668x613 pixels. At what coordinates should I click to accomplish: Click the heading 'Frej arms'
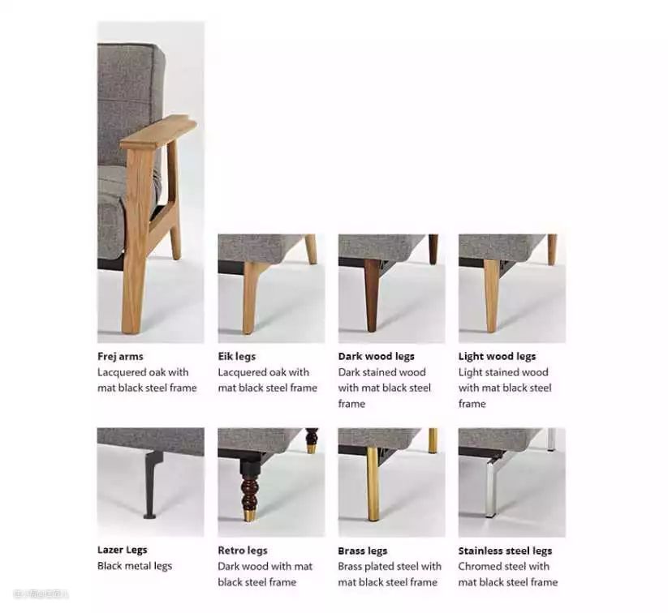(x=120, y=356)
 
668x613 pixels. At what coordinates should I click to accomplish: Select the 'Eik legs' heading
(x=237, y=356)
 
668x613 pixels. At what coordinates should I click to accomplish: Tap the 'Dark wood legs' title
(x=376, y=356)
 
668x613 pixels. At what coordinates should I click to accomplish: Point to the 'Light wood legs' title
(x=498, y=356)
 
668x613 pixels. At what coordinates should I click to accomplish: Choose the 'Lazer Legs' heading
(x=123, y=550)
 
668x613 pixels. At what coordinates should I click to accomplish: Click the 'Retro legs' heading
(x=243, y=551)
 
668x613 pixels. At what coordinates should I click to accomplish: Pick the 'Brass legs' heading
(x=363, y=551)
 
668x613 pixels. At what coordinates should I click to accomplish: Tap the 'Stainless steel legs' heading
(x=505, y=551)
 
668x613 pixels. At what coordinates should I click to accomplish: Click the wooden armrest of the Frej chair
(x=158, y=133)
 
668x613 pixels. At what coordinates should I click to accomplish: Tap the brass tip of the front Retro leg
(x=250, y=515)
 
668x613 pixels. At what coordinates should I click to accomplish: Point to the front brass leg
(x=373, y=484)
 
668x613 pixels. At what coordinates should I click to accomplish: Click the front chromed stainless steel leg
(x=492, y=487)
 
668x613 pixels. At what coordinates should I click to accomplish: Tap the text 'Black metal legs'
(x=135, y=566)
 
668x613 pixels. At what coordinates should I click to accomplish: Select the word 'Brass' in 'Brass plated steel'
(x=350, y=566)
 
